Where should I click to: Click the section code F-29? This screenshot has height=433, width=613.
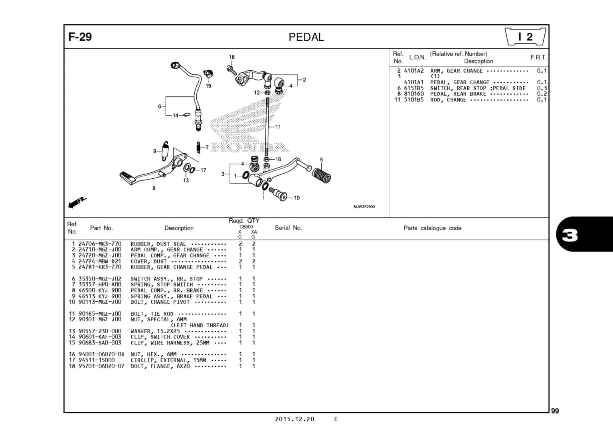(80, 37)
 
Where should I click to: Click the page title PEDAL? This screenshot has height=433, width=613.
(306, 37)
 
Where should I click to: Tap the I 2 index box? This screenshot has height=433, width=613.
(525, 37)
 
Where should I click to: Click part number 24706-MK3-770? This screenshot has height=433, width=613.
(100, 244)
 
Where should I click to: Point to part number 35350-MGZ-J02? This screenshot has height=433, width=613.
(100, 279)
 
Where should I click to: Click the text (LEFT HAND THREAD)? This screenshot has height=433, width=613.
(200, 325)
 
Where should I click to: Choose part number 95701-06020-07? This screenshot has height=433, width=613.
(101, 366)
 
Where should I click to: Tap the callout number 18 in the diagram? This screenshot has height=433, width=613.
(232, 57)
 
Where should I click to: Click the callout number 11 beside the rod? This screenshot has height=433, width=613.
(278, 127)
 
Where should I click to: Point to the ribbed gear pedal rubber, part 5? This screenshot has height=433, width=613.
(321, 174)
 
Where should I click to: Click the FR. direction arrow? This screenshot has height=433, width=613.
(77, 202)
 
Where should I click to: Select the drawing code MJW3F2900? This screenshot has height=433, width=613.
(364, 207)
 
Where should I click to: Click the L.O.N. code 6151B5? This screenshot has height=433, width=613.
(413, 88)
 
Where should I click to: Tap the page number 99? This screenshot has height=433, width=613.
(555, 411)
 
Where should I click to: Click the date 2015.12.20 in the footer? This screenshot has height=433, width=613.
(295, 419)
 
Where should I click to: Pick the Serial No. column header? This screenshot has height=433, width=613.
(288, 228)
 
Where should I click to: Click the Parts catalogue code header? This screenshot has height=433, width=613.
(432, 228)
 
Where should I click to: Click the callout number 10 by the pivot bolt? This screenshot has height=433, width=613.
(297, 198)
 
